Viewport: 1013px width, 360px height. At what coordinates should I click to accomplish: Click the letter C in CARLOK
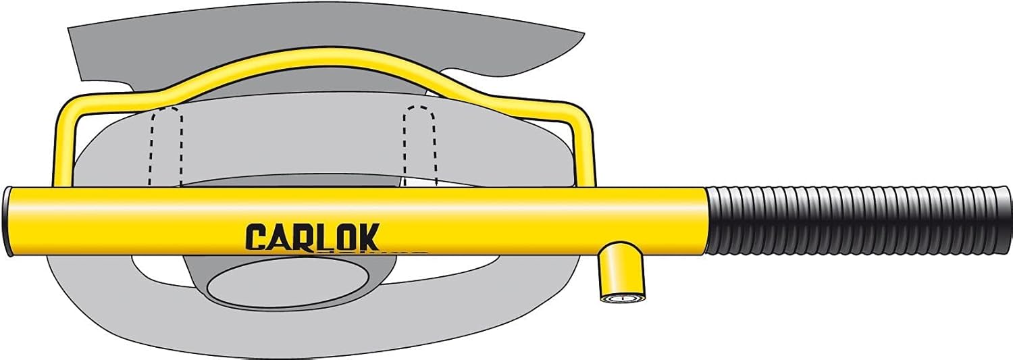pyautogui.click(x=256, y=237)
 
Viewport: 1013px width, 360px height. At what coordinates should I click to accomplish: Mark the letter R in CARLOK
pyautogui.click(x=301, y=237)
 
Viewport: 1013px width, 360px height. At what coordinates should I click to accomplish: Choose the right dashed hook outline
pyautogui.click(x=419, y=142)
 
